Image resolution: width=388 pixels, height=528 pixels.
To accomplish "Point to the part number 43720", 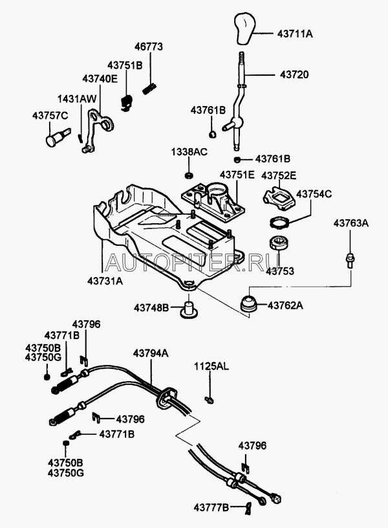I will tap(294, 75).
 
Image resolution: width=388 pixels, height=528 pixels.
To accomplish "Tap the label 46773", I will tap(149, 47).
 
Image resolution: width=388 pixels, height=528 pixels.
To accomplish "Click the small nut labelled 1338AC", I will tap(189, 175).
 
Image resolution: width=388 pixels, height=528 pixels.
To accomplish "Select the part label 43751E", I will tap(237, 175).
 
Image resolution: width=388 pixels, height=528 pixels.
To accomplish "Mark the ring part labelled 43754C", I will tap(279, 223).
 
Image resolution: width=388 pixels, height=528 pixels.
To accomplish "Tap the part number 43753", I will tap(280, 272).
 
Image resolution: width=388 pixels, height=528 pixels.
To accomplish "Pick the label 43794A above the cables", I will tap(151, 353).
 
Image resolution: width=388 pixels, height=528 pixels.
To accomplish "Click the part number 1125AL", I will tap(211, 367).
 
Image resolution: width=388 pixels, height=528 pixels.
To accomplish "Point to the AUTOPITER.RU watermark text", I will tap(184, 261).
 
